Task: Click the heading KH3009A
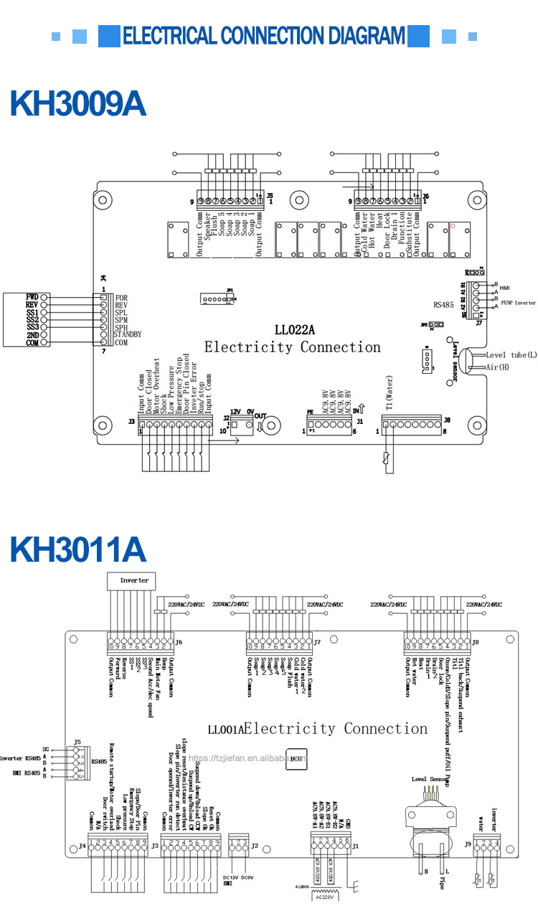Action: (77, 104)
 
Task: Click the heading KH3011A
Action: (77, 549)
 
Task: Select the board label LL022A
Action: (295, 331)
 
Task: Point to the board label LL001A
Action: (225, 730)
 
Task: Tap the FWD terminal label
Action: (32, 297)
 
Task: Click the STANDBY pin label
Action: (128, 334)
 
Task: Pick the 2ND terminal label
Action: (32, 334)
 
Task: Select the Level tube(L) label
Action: (511, 355)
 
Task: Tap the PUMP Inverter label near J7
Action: (518, 303)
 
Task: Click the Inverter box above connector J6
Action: (134, 580)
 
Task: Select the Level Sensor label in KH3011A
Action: (430, 778)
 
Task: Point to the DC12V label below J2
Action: (230, 877)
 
